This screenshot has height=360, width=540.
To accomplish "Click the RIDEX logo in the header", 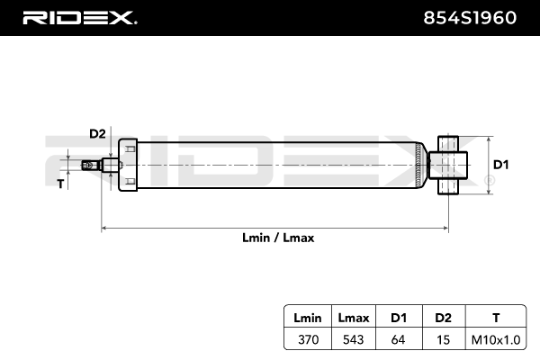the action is (79, 18).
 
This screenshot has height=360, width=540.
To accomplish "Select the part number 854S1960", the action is (470, 18).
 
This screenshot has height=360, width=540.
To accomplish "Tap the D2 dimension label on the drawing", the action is (97, 134).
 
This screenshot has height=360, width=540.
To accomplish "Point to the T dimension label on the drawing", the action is (60, 184).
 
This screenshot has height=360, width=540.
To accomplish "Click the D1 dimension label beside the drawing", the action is (500, 165).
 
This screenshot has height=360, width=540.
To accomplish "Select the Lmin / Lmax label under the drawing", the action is (278, 238).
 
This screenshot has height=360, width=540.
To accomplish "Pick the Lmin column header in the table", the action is (308, 318).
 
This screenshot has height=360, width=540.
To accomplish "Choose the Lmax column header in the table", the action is (354, 318).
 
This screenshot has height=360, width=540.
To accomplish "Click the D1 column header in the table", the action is (399, 318).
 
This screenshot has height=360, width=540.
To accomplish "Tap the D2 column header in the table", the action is (443, 318).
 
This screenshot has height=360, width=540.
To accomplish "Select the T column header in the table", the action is (496, 318).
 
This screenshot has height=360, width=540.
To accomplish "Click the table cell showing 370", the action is (308, 339).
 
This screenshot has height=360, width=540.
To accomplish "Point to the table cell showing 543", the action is (354, 339).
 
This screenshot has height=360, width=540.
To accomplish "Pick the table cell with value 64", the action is (398, 339).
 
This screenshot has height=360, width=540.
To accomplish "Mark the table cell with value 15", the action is (443, 339).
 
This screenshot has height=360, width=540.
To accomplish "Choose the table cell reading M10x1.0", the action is (496, 339).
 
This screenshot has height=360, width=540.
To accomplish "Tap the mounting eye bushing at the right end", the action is (448, 165).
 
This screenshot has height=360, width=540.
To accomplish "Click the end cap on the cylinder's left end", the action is (128, 165).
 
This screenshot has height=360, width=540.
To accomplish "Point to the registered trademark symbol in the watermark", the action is (490, 181).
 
